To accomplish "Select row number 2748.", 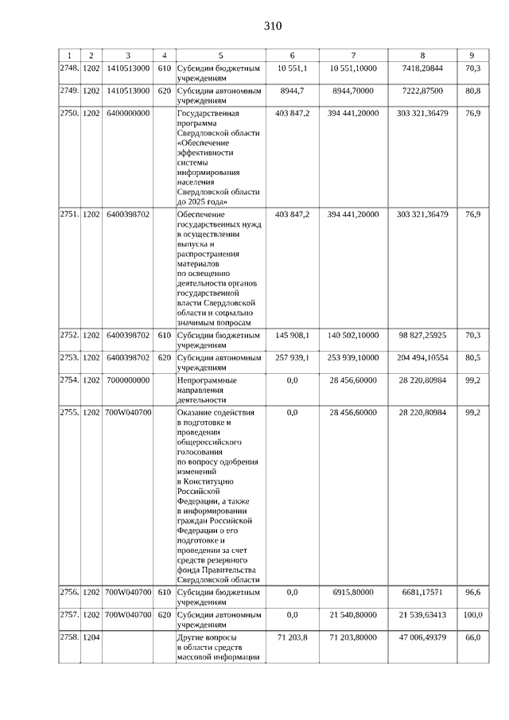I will tap(70, 68).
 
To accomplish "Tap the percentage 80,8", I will tap(472, 91).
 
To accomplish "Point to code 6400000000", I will tap(127, 114).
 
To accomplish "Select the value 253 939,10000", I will tap(353, 357).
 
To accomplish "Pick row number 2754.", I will tap(70, 380).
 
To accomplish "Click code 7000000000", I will tap(127, 380).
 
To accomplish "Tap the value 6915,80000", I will tap(353, 592).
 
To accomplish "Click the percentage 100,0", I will tap(472, 615).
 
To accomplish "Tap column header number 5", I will tap(220, 55).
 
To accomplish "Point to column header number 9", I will tap(472, 55).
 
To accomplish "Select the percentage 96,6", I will tap(472, 592).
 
